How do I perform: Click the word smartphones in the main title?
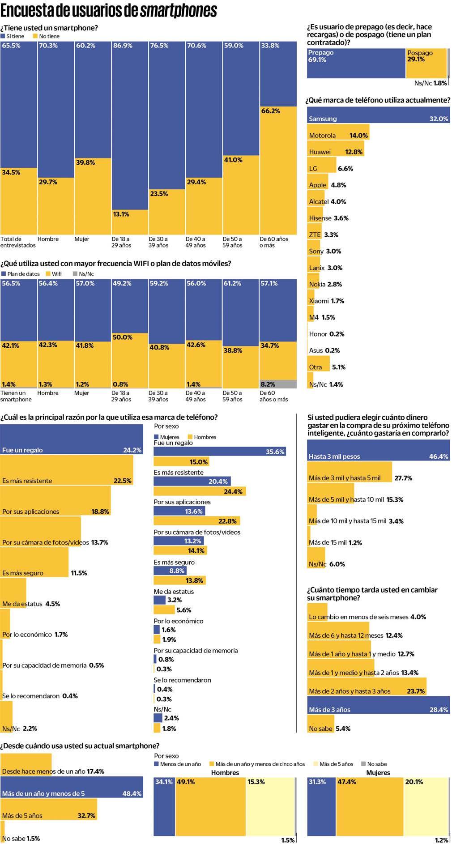(x=179, y=11)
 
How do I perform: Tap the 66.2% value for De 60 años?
(x=270, y=111)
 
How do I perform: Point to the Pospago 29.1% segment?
(x=426, y=63)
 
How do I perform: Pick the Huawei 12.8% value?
(x=354, y=152)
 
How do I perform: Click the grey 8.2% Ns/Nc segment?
(x=278, y=384)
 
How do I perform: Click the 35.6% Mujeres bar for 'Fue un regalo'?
(x=219, y=452)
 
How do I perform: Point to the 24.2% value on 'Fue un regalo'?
(x=132, y=450)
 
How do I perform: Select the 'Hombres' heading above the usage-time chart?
(x=225, y=772)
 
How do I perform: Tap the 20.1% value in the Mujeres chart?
(x=414, y=782)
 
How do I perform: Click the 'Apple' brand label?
(x=317, y=185)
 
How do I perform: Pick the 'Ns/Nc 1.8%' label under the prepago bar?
(x=431, y=83)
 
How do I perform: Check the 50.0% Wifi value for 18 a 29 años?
(x=122, y=337)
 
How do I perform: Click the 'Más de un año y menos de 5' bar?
(x=72, y=793)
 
